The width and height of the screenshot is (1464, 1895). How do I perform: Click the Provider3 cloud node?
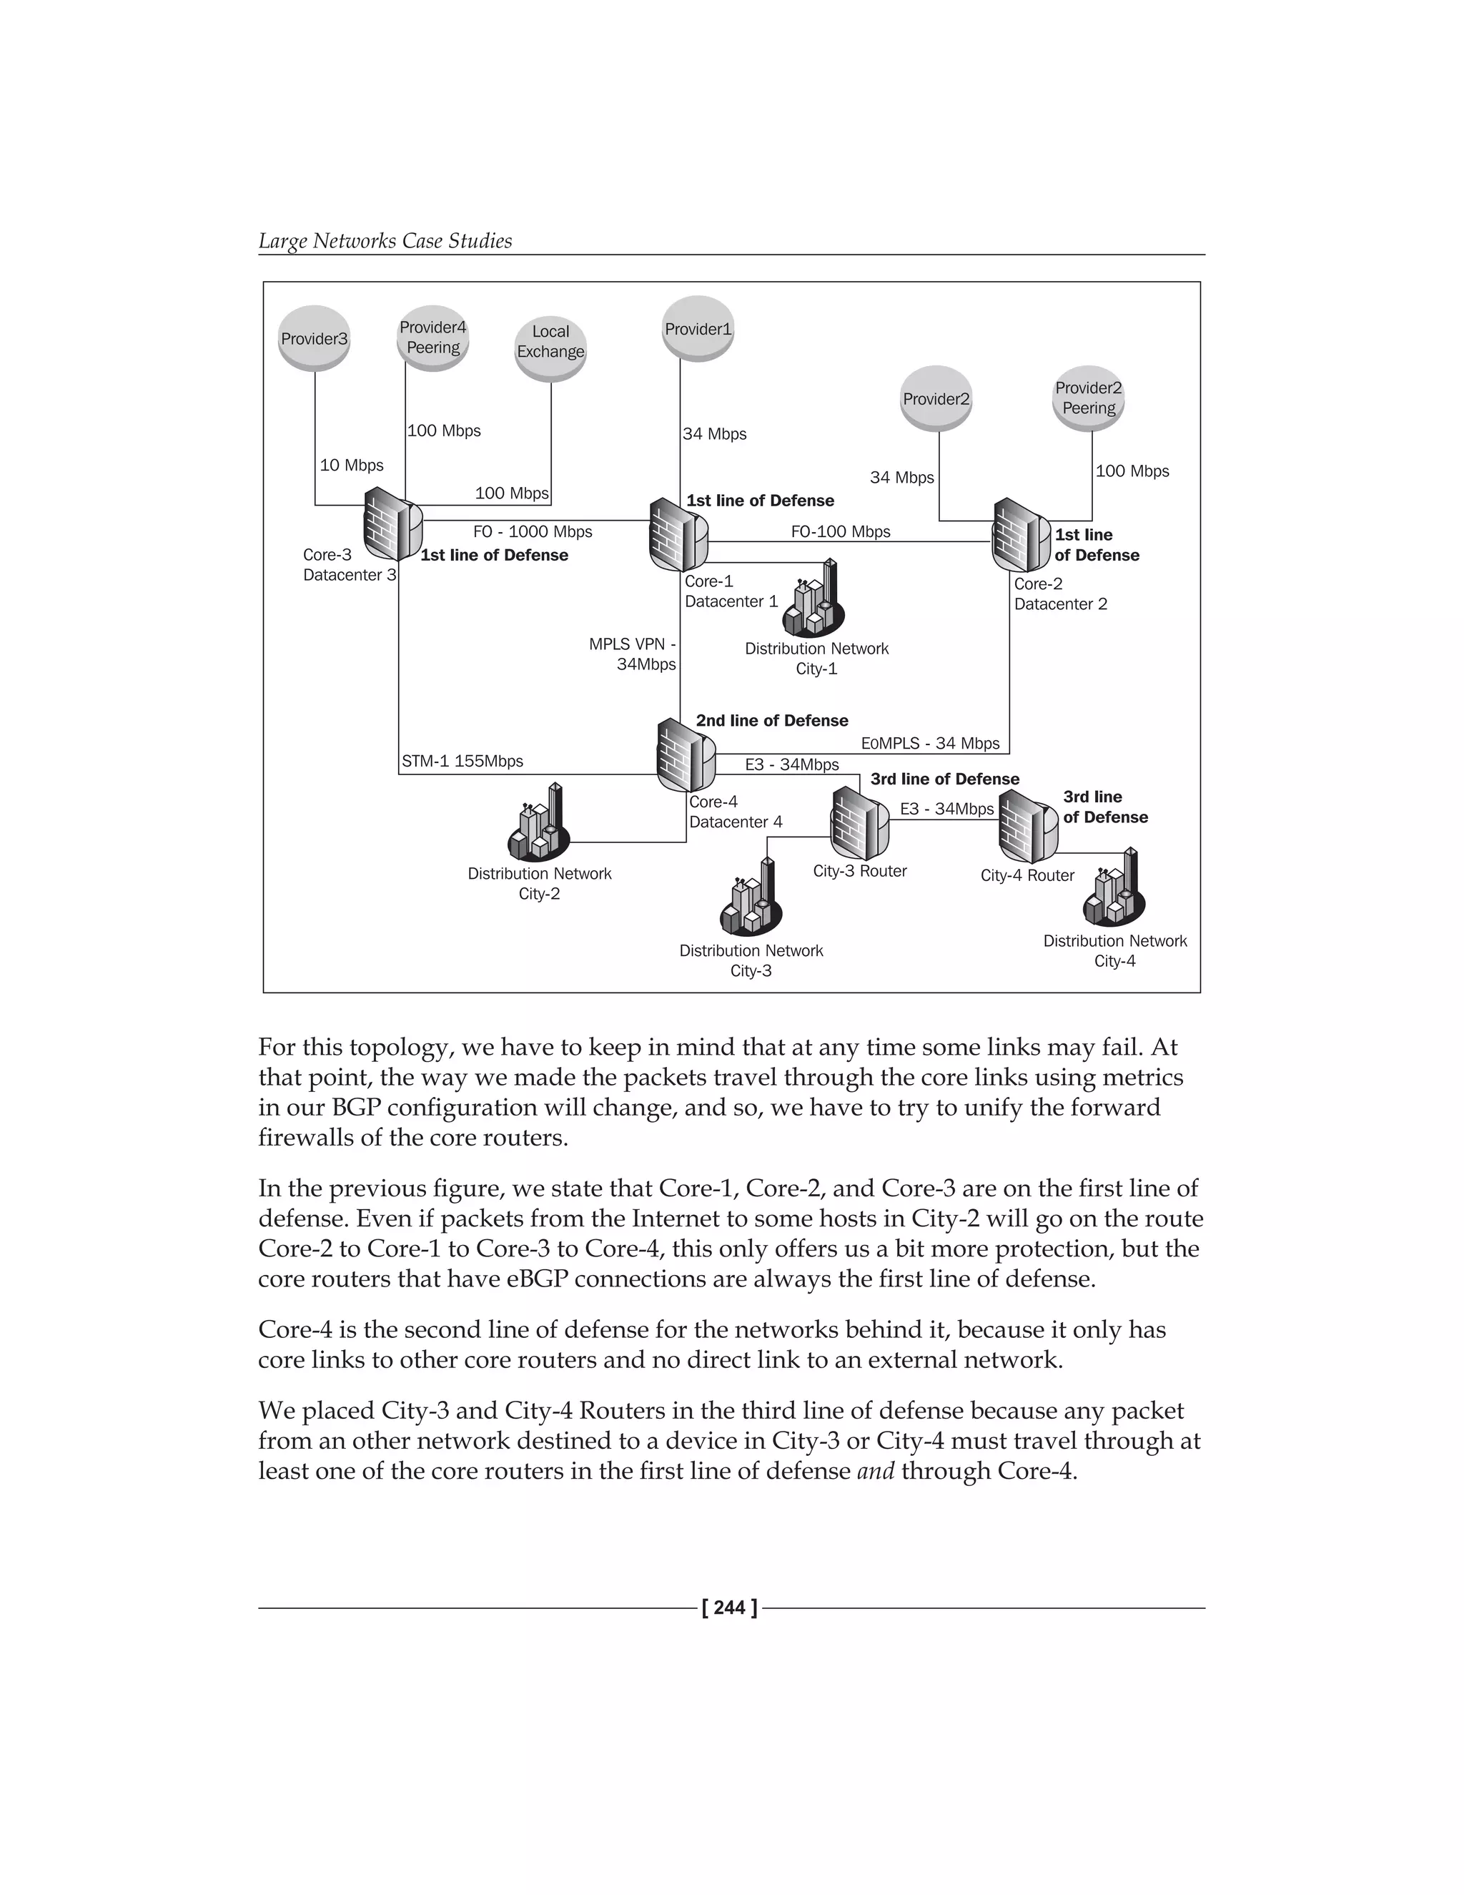pyautogui.click(x=314, y=339)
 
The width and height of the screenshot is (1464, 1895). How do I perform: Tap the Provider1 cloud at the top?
pyautogui.click(x=698, y=329)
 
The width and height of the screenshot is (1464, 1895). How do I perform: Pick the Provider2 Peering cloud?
pyautogui.click(x=1089, y=398)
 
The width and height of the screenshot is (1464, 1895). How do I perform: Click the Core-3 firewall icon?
pyautogui.click(x=392, y=523)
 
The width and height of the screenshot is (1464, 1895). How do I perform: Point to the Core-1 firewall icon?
pyautogui.click(x=678, y=534)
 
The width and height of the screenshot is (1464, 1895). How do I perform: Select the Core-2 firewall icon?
pyautogui.click(x=1021, y=536)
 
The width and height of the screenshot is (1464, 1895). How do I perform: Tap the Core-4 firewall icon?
pyautogui.click(x=685, y=755)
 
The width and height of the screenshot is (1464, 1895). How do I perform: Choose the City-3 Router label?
pyautogui.click(x=859, y=871)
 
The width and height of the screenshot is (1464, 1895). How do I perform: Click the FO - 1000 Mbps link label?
pyautogui.click(x=533, y=532)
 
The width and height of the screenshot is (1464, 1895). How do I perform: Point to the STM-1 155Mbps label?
pyautogui.click(x=463, y=762)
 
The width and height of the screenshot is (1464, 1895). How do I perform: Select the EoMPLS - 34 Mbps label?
pyautogui.click(x=930, y=744)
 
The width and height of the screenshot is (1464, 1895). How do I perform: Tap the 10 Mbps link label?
pyautogui.click(x=351, y=465)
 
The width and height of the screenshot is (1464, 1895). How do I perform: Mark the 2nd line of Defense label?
pyautogui.click(x=772, y=721)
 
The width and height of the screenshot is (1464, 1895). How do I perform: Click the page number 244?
pyautogui.click(x=731, y=1608)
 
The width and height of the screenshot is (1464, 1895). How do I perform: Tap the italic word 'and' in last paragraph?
pyautogui.click(x=875, y=1471)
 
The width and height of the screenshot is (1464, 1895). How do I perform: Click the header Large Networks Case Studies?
pyautogui.click(x=385, y=241)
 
